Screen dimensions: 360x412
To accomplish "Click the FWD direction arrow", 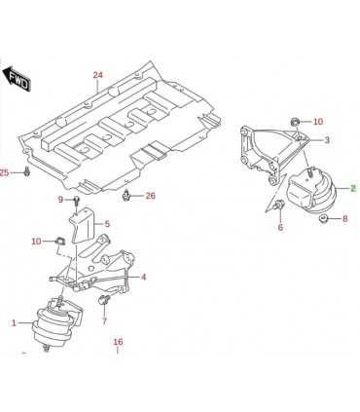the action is pyautogui.click(x=17, y=79).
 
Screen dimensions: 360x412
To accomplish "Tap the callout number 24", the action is pyautogui.click(x=97, y=75).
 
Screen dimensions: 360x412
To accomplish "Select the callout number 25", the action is pyautogui.click(x=4, y=173).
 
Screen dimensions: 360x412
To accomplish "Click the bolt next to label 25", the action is pyautogui.click(x=27, y=171).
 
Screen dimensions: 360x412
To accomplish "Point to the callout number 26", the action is pyautogui.click(x=151, y=196).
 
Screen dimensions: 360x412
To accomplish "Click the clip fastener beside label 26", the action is pyautogui.click(x=126, y=196).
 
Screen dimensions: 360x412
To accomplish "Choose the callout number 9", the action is pyautogui.click(x=60, y=200).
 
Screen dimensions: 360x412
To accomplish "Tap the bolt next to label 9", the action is pyautogui.click(x=77, y=201).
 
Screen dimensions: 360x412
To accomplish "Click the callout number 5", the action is pyautogui.click(x=107, y=224).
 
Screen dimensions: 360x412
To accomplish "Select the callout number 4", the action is pyautogui.click(x=143, y=277).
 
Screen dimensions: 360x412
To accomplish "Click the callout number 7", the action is pyautogui.click(x=104, y=321).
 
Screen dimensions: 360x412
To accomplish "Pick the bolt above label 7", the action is pyautogui.click(x=104, y=300).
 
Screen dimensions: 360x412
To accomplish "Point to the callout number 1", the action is pyautogui.click(x=14, y=322).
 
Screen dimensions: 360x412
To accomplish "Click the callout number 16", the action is pyautogui.click(x=119, y=342).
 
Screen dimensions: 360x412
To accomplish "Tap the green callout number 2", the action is pyautogui.click(x=353, y=188).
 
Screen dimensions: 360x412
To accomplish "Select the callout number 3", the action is pyautogui.click(x=327, y=140).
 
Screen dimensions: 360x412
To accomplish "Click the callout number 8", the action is pyautogui.click(x=344, y=218).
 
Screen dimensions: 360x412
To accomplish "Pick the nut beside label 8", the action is pyautogui.click(x=323, y=219).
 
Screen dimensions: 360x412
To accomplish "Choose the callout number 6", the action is pyautogui.click(x=280, y=227).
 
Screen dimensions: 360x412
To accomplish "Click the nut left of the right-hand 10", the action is pyautogui.click(x=295, y=122).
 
